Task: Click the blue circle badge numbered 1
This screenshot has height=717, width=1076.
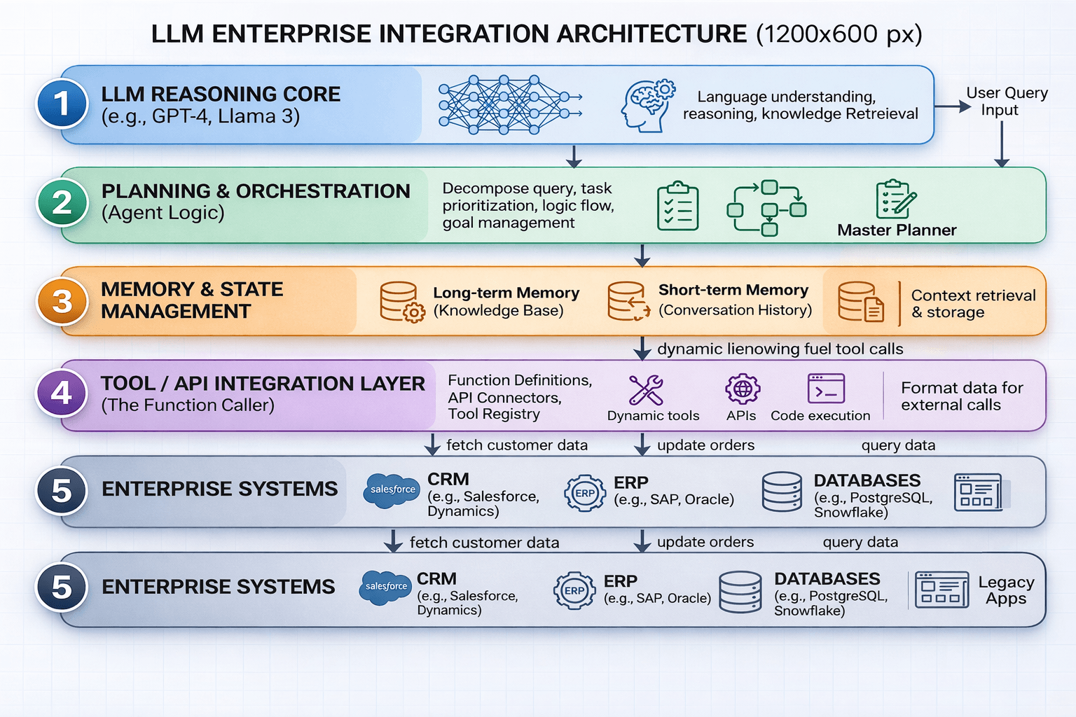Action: (x=62, y=104)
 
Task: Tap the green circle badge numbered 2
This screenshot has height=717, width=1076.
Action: (x=62, y=203)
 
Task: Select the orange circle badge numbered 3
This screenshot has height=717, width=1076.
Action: (x=62, y=302)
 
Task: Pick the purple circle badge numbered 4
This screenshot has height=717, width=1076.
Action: (x=62, y=394)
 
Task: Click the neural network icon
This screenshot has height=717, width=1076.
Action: (x=509, y=104)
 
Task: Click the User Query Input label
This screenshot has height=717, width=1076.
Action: (x=1006, y=102)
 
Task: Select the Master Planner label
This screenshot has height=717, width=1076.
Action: (x=896, y=230)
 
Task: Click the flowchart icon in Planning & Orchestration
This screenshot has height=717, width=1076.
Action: (x=766, y=208)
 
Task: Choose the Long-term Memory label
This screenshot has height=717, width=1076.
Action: (x=506, y=293)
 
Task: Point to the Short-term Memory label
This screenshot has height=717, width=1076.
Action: (x=733, y=291)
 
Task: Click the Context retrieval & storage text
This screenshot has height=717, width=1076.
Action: (x=972, y=304)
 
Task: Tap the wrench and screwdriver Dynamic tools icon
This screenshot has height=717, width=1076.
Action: (x=646, y=390)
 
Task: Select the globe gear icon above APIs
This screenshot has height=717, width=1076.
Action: (x=742, y=389)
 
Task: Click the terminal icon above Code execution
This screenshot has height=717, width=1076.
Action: (x=826, y=389)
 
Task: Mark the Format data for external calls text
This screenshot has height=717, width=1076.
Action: (x=961, y=396)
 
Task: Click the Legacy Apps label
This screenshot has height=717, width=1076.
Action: (x=1005, y=590)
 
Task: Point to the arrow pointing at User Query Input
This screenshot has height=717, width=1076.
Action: (x=953, y=106)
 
